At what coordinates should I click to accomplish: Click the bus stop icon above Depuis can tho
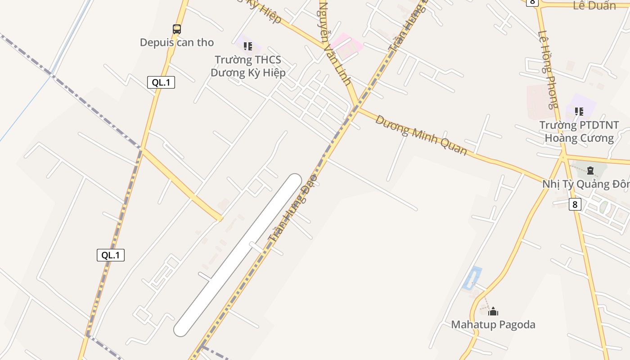[x=177, y=29]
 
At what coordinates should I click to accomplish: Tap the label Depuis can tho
[x=177, y=42]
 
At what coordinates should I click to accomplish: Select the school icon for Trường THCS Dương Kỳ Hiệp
[x=247, y=46]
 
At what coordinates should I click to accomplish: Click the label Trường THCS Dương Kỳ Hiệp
[x=248, y=66]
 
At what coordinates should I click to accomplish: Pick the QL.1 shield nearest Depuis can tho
[x=161, y=82]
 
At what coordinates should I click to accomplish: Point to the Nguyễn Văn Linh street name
[x=334, y=44]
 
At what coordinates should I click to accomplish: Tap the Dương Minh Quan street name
[x=421, y=135]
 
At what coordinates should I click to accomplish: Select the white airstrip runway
[x=238, y=255]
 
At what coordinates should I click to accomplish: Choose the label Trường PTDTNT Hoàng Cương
[x=579, y=131]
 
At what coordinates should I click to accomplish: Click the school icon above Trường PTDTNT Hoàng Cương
[x=579, y=111]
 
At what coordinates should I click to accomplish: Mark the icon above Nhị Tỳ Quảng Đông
[x=590, y=171]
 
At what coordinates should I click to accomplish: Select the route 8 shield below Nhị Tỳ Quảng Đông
[x=574, y=204]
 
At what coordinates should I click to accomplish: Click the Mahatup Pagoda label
[x=493, y=324]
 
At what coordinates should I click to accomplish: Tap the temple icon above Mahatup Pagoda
[x=493, y=311]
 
